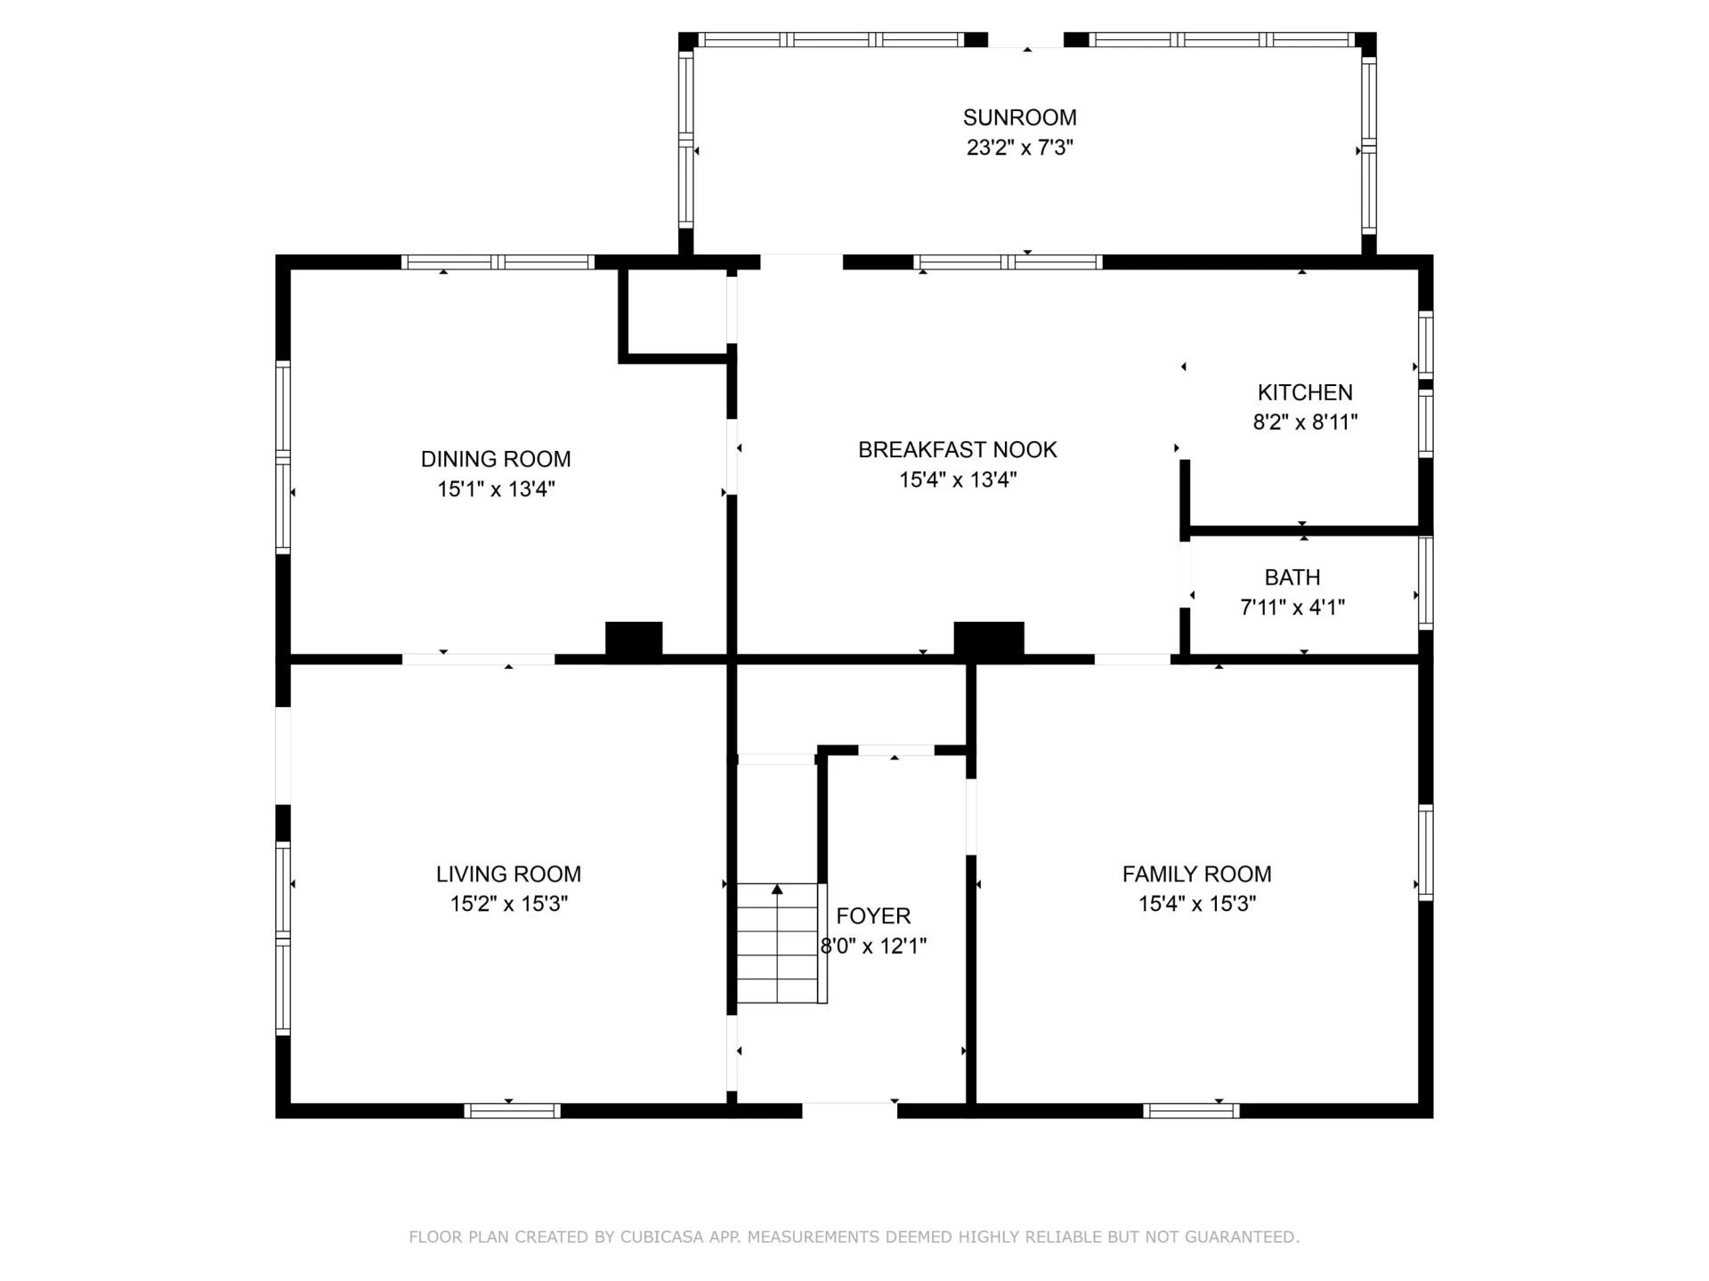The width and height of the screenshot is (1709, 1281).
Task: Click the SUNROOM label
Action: click(1019, 117)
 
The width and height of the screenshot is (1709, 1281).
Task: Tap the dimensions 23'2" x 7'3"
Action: click(1020, 148)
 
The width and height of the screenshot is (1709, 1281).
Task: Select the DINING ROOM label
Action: click(496, 459)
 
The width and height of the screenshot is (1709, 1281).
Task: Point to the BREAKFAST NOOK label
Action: click(958, 449)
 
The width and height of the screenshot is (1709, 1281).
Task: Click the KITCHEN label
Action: click(1305, 392)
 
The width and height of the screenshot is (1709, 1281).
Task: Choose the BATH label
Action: click(1292, 577)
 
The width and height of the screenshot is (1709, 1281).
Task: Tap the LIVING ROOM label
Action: click(508, 874)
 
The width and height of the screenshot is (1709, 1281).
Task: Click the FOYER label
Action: click(873, 915)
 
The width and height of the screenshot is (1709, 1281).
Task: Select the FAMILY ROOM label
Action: click(1196, 874)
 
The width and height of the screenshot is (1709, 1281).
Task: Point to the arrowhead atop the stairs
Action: click(777, 889)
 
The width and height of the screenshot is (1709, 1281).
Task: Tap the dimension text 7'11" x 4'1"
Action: click(1292, 608)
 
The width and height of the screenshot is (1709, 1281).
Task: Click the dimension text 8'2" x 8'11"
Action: click(1305, 423)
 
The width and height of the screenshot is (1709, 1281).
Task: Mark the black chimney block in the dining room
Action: click(634, 640)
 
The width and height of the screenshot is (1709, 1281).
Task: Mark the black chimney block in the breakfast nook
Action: click(989, 640)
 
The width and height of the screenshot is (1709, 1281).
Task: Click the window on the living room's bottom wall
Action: click(512, 1110)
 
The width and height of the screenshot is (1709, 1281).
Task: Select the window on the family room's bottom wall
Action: click(1191, 1110)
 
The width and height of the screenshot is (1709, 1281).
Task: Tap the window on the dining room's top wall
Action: click(498, 262)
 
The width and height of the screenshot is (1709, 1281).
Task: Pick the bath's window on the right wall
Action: click(1426, 582)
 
